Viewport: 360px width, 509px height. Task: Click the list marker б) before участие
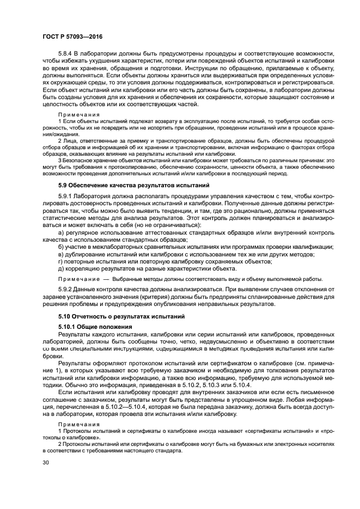tap(61, 247)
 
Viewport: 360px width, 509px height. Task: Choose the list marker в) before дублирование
tap(61, 254)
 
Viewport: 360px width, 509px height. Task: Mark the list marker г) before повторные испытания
tap(60, 261)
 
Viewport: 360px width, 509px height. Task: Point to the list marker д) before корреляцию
tap(61, 268)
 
